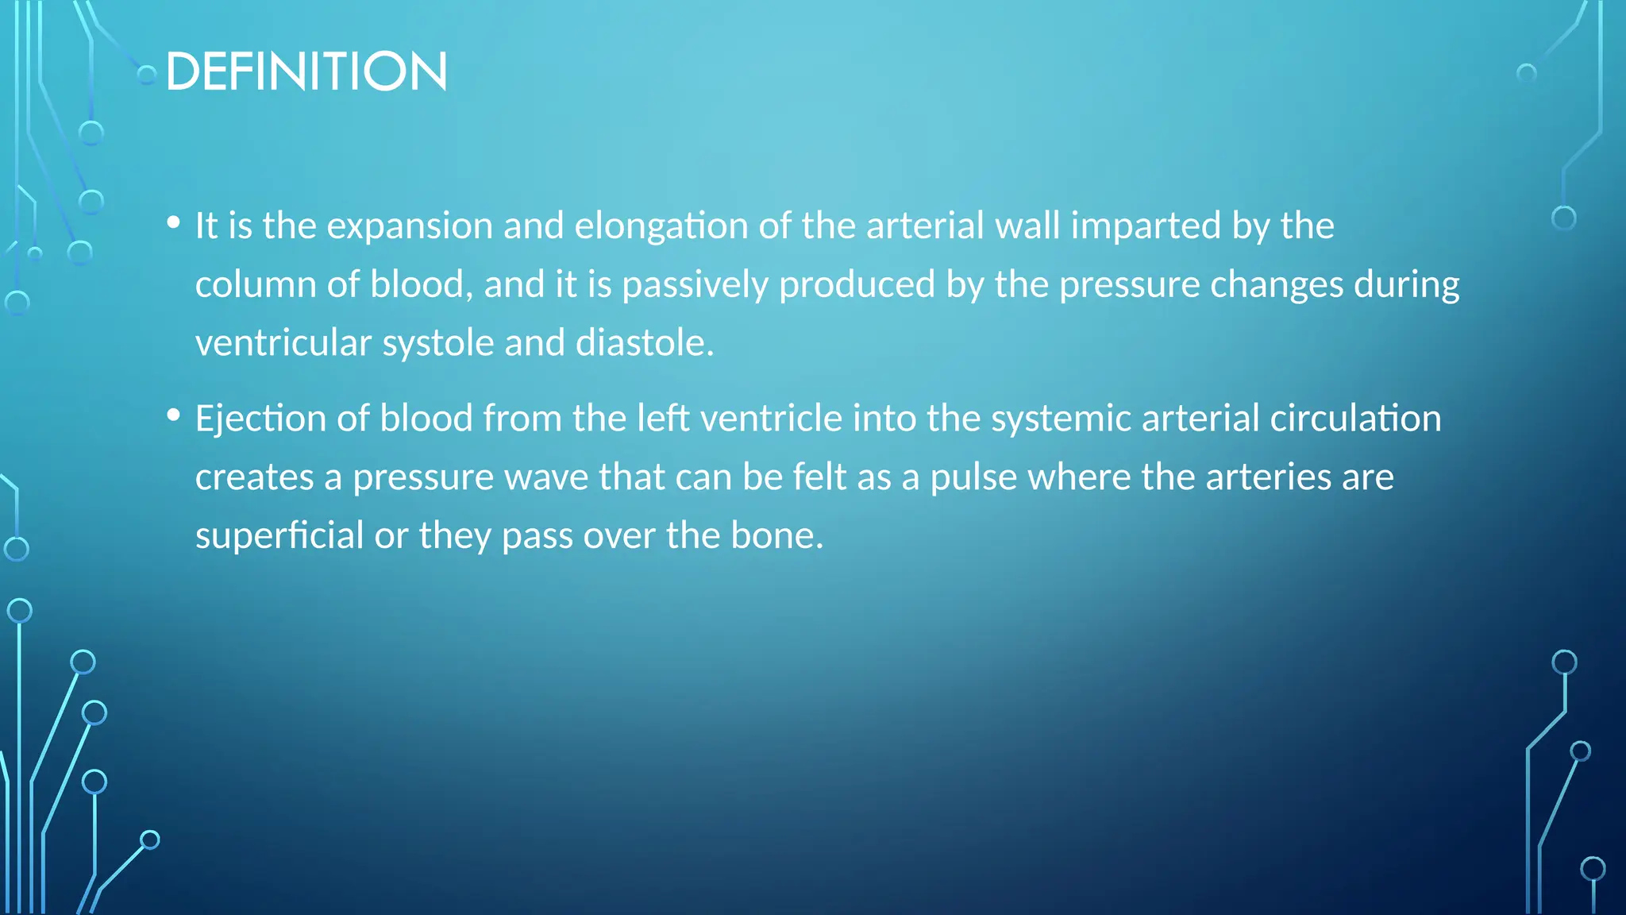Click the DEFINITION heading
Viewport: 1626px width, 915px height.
(306, 71)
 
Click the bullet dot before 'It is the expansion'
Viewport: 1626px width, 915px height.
(174, 223)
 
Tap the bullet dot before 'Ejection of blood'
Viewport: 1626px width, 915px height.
(174, 415)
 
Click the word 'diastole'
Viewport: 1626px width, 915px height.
(644, 343)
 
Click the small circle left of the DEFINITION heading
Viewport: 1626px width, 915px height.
(147, 75)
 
